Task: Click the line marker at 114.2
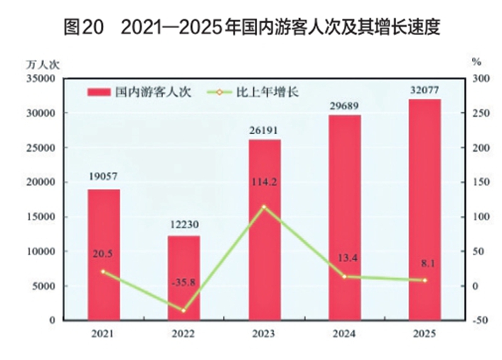tap(264, 206)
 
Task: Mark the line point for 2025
tap(425, 280)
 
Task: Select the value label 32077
tap(425, 88)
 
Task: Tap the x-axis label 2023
tap(264, 333)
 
